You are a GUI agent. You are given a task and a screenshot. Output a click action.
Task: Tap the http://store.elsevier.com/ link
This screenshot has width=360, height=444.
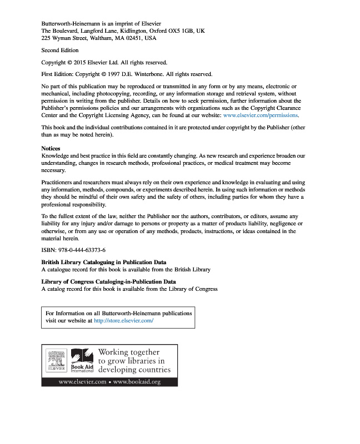[123, 321]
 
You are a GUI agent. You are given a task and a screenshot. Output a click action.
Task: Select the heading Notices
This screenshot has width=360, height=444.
[51, 149]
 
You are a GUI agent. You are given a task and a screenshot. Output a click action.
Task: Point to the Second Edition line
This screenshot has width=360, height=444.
[60, 51]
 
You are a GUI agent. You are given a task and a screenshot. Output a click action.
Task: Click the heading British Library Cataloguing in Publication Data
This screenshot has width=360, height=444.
[104, 262]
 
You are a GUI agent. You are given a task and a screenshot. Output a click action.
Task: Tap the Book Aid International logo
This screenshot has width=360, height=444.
[81, 360]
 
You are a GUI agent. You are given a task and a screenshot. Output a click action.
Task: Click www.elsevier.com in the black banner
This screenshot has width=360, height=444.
[82, 382]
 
